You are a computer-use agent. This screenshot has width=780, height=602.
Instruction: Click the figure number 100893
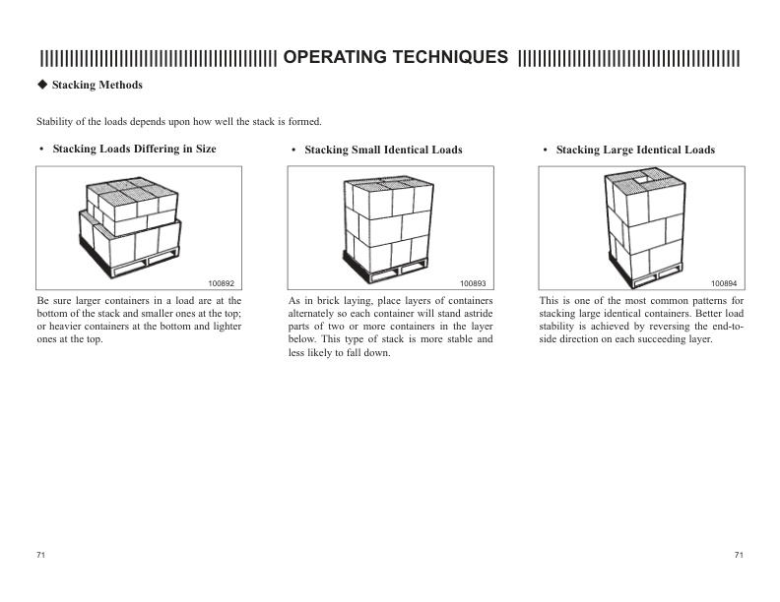(x=473, y=282)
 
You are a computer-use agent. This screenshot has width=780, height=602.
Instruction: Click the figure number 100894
(x=724, y=282)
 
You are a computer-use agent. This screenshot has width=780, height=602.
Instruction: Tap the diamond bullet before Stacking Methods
(x=42, y=85)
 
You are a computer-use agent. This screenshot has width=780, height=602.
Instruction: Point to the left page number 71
(x=41, y=556)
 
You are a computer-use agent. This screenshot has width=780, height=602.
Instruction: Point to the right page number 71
(x=739, y=556)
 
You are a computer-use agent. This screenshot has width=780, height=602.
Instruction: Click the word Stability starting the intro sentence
(x=56, y=122)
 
